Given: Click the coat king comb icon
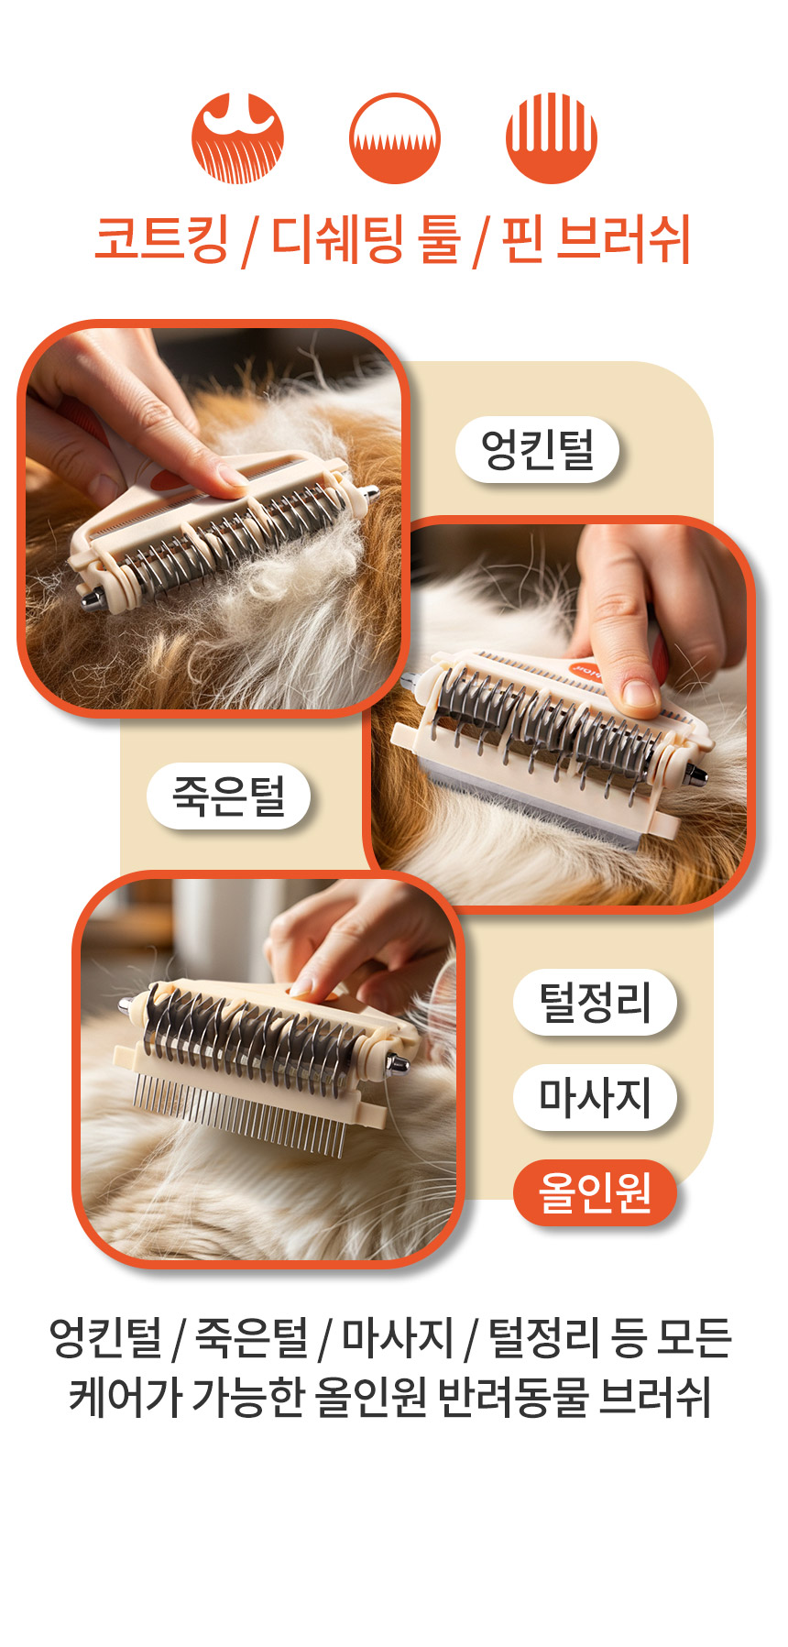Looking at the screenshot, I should pos(237,138).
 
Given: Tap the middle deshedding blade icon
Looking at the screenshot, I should pos(394,138).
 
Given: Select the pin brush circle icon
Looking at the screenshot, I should pos(551,138).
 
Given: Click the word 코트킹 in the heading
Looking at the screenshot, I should pos(162,239).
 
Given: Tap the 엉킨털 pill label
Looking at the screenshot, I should pos(538,449).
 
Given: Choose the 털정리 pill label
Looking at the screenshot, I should pos(595,1002).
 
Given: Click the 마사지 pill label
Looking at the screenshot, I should pos(595,1097).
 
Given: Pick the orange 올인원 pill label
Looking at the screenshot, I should pos(595,1192).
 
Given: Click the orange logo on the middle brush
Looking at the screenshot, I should pos(587,669).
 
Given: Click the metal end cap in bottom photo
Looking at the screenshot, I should pos(399,1066).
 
